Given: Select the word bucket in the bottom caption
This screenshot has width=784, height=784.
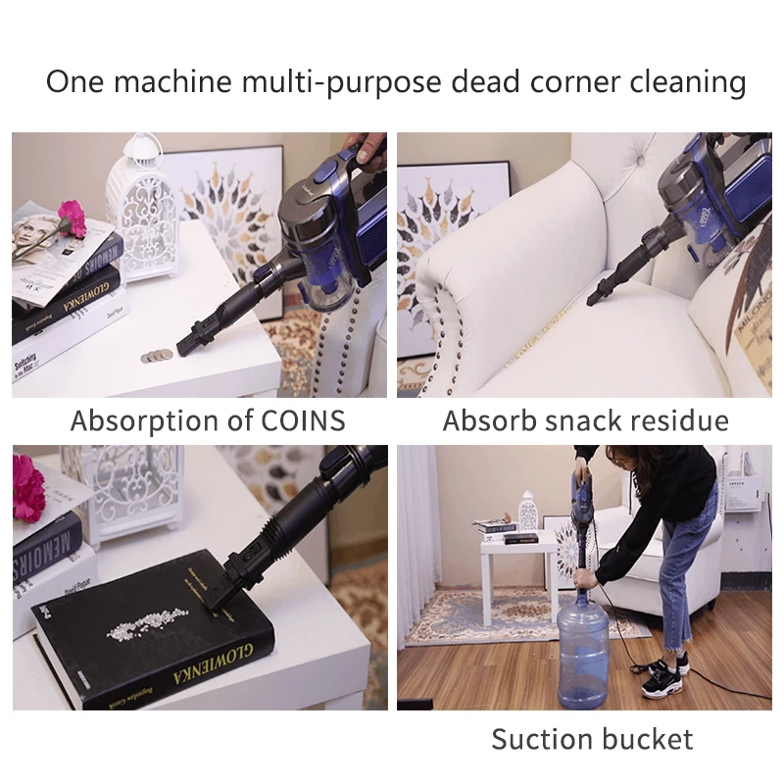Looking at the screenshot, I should pyautogui.click(x=648, y=738).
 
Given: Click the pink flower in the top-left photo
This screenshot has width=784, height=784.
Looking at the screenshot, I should pyautogui.click(x=72, y=218).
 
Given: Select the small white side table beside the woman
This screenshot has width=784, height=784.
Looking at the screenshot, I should pyautogui.click(x=514, y=568).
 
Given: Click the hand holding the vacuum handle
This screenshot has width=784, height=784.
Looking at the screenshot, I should pyautogui.click(x=367, y=147).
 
